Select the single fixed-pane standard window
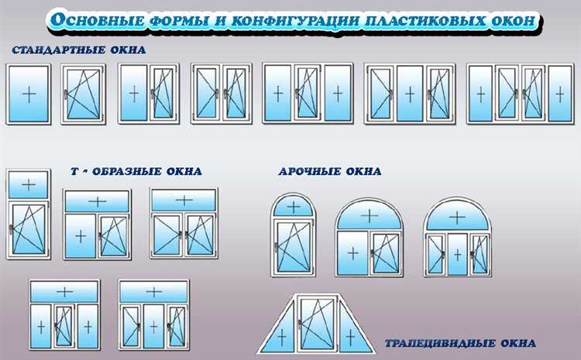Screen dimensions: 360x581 (x=28, y=94)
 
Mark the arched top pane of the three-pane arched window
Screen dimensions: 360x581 (x=458, y=216)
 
